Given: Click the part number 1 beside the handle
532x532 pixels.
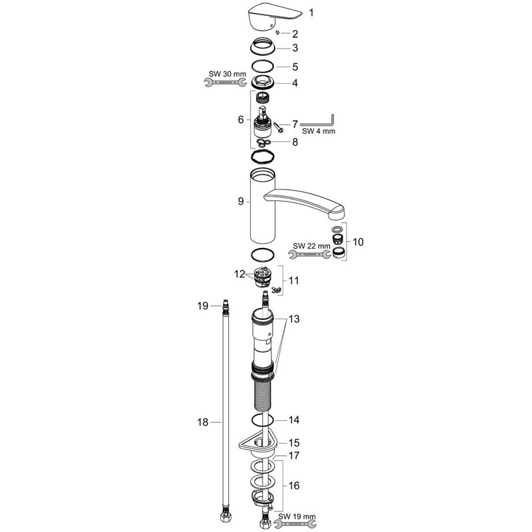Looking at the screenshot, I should pos(295,13).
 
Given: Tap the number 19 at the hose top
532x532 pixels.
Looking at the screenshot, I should pos(203,305).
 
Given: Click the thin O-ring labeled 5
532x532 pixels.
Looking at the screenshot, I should pos(265,66).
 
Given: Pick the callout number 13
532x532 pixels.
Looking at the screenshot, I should pos(295,320).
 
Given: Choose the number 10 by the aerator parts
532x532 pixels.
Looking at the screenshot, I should pos(358,243).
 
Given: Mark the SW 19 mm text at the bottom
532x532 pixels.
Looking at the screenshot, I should pos(297,515).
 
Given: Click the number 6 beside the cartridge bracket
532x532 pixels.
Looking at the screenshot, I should pos(241,120).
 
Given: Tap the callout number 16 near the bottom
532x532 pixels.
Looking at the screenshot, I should pos(295,486).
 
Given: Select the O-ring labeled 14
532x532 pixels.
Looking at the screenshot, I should pos(264,420).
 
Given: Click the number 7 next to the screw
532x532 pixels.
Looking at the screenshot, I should pos(295,124).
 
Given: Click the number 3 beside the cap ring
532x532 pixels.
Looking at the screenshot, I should pos(295,49).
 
